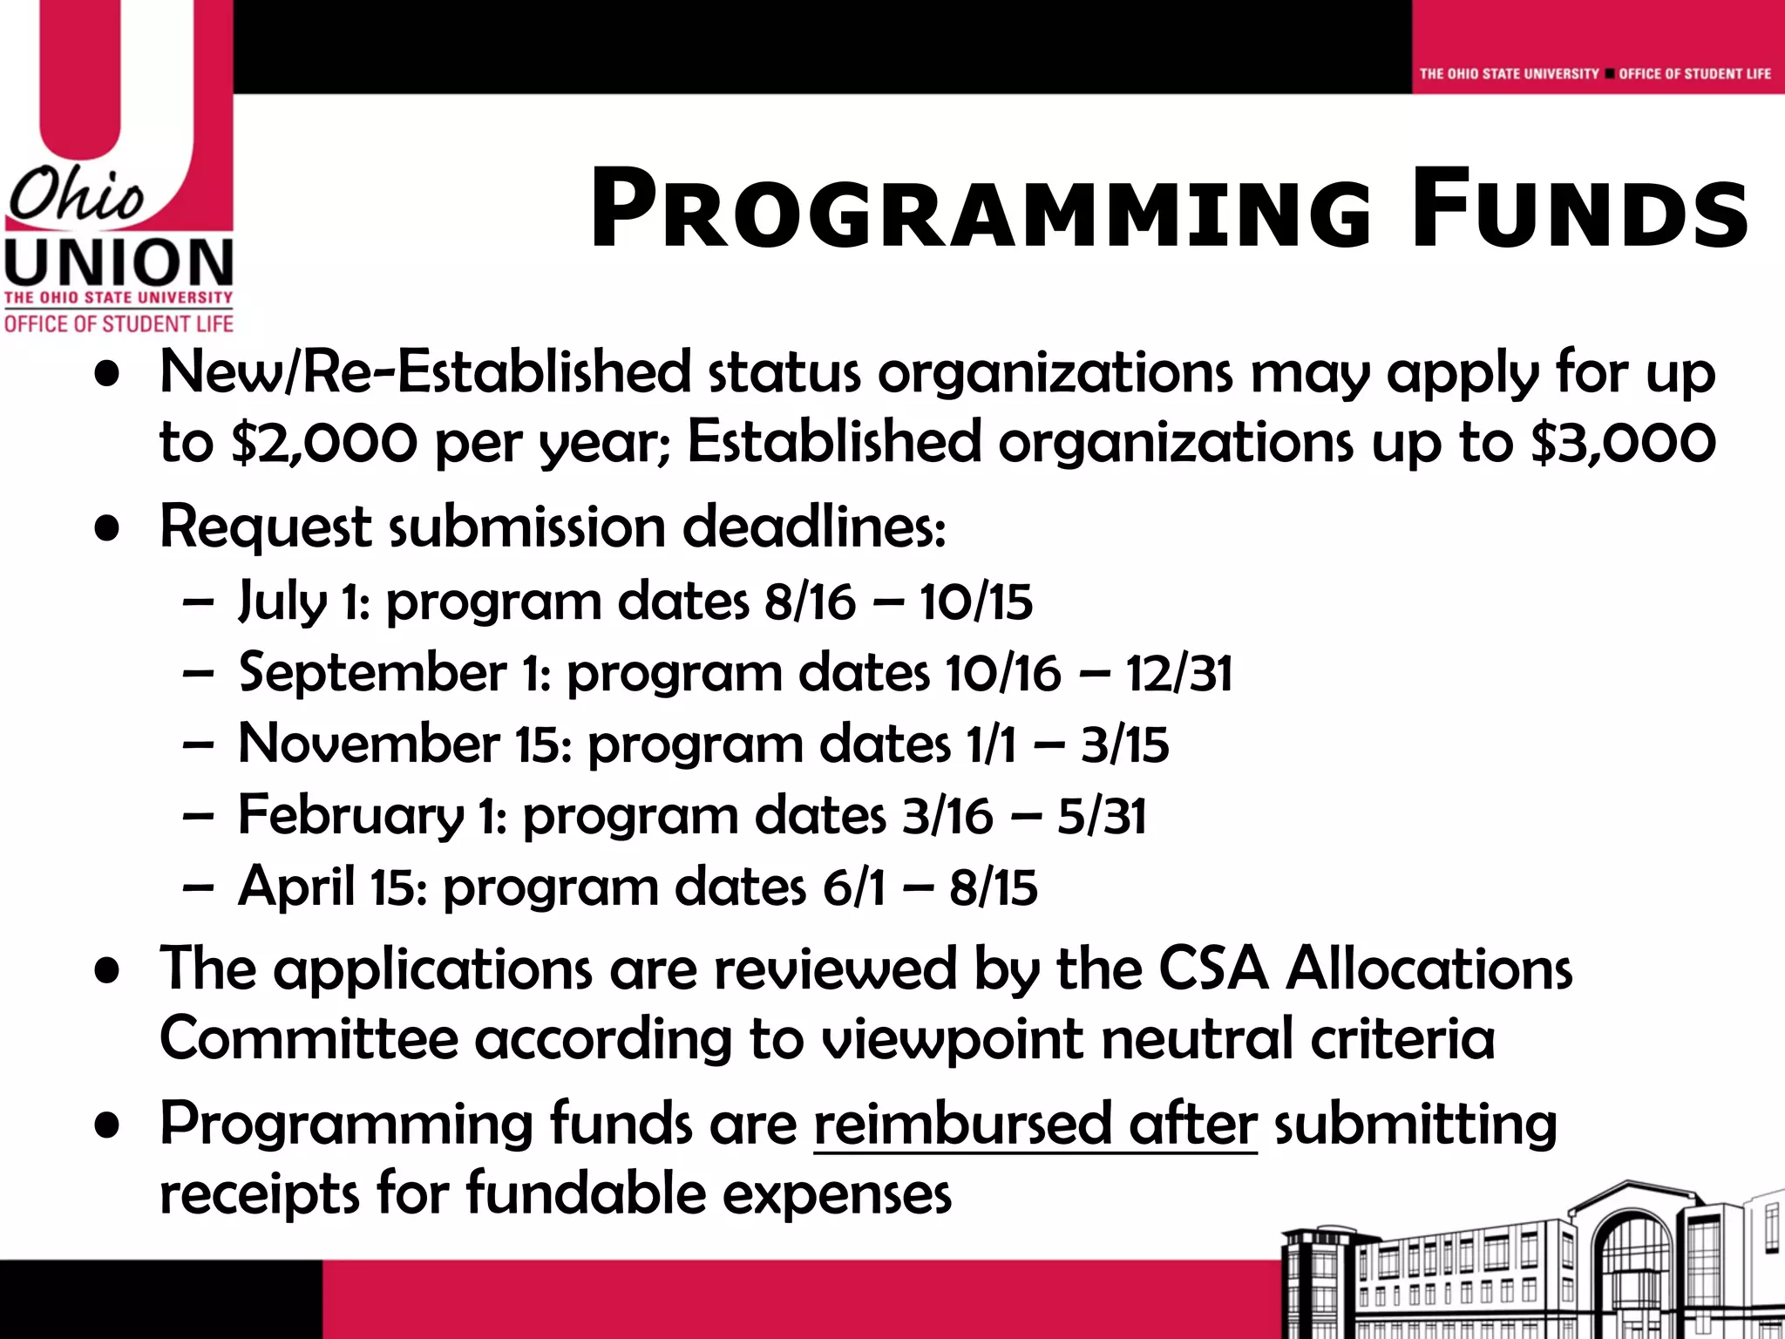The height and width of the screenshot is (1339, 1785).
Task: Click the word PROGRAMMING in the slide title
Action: [981, 209]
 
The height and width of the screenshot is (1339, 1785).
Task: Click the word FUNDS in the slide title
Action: [1579, 209]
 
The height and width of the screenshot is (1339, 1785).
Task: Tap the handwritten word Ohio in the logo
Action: [77, 195]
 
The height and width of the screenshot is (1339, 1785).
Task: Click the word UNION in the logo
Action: [119, 262]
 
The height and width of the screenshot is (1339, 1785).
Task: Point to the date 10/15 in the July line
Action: [975, 602]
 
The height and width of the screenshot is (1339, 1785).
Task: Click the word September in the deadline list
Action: [372, 673]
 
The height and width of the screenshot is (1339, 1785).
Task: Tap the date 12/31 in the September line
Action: [1178, 674]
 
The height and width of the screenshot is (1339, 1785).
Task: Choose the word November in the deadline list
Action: [369, 744]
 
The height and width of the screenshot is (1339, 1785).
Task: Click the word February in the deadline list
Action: [351, 816]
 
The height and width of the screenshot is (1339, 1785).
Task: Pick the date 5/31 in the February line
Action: [1102, 817]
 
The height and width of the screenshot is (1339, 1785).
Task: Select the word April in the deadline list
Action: [296, 887]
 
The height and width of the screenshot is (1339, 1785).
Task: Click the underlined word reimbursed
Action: [962, 1124]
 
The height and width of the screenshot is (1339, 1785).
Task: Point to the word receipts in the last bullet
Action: [259, 1194]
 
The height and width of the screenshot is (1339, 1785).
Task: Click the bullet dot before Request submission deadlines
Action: [107, 528]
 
